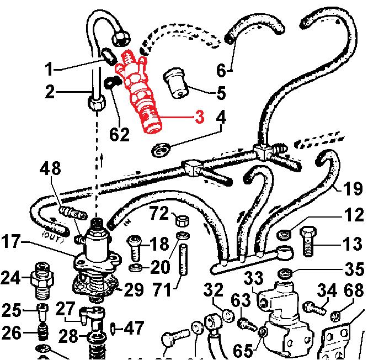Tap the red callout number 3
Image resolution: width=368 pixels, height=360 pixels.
click(x=199, y=117)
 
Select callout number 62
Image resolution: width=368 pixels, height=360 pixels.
click(x=119, y=134)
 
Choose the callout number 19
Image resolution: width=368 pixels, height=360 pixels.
click(x=354, y=189)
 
